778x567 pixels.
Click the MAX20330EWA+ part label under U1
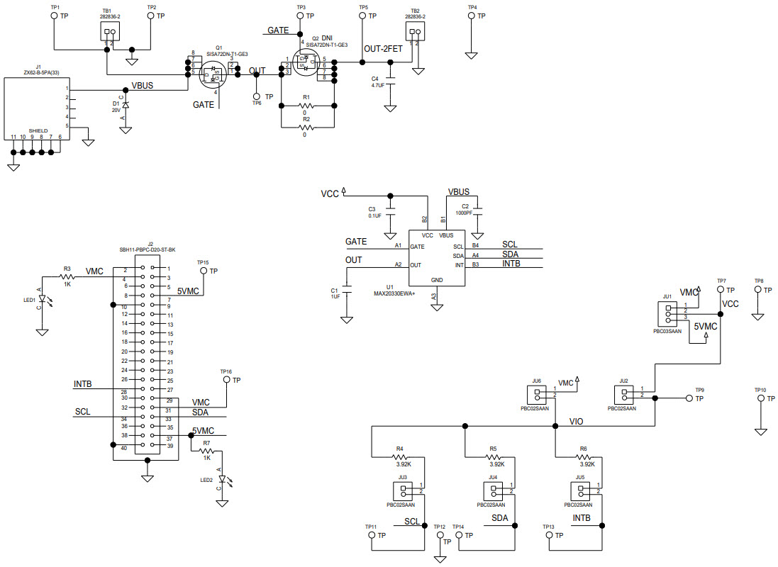399,293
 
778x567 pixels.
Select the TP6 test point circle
257,96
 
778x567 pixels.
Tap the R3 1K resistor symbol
67,276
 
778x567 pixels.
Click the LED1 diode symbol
42,301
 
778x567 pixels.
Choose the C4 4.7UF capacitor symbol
389,80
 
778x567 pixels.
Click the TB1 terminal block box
109,31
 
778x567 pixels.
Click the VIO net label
577,421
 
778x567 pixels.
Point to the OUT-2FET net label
383,49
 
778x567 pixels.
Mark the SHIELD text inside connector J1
38,132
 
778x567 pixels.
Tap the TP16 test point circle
226,380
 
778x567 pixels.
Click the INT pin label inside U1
458,265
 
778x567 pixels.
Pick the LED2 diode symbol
222,478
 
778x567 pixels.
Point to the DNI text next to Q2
326,38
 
